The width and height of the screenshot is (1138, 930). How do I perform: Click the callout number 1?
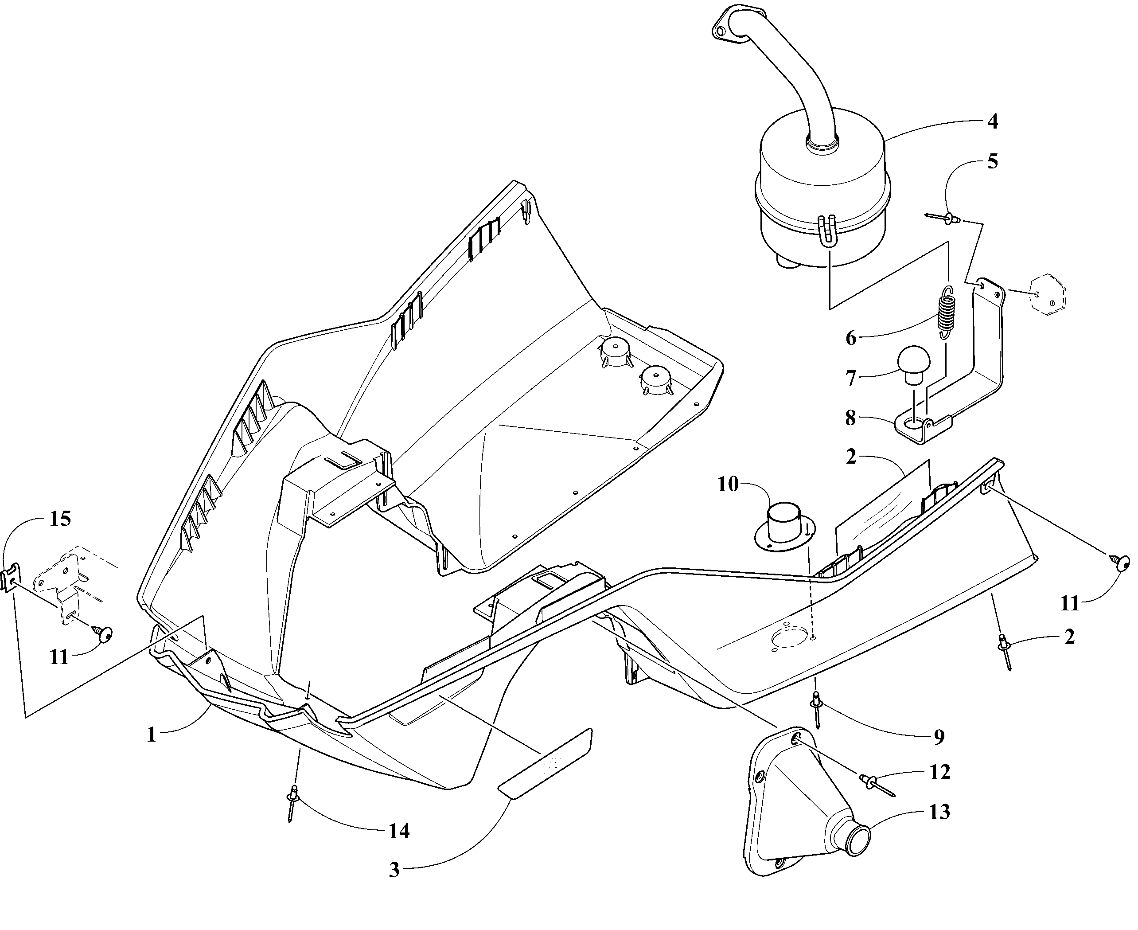pos(152,735)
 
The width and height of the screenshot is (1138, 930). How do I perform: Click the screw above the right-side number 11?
pos(1122,563)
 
